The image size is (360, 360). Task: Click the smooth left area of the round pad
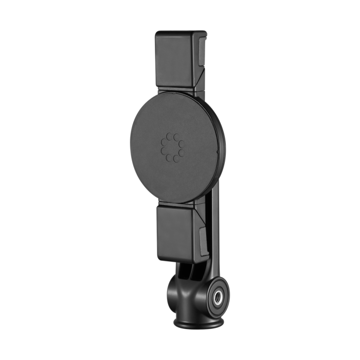141,149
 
